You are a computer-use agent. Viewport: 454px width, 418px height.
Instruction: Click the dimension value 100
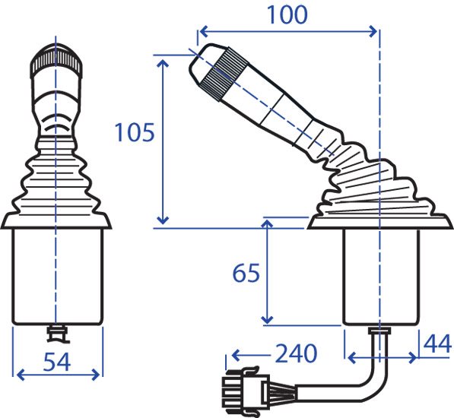coord(287,14)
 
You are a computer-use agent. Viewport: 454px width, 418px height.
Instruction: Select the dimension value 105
coord(135,132)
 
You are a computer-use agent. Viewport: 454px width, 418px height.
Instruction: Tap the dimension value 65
coord(246,273)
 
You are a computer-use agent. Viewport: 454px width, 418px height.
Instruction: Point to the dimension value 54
coord(57,362)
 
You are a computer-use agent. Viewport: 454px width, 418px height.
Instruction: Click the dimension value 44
coord(437,344)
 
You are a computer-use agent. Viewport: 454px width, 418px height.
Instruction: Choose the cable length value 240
coord(296,353)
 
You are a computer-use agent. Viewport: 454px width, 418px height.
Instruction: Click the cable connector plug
coord(246,390)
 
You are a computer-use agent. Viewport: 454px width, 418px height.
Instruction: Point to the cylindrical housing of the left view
coord(57,276)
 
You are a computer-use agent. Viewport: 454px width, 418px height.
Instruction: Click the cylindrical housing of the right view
coord(381,276)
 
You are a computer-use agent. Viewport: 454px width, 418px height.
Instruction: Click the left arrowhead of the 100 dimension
coord(204,31)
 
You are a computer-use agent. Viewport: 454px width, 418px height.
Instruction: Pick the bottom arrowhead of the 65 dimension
coord(267,318)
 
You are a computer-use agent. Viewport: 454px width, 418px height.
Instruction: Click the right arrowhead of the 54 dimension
coord(96,375)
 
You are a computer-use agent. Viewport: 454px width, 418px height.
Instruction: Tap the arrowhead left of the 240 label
coord(237,355)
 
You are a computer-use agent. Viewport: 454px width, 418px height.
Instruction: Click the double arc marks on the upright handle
coord(56,123)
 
